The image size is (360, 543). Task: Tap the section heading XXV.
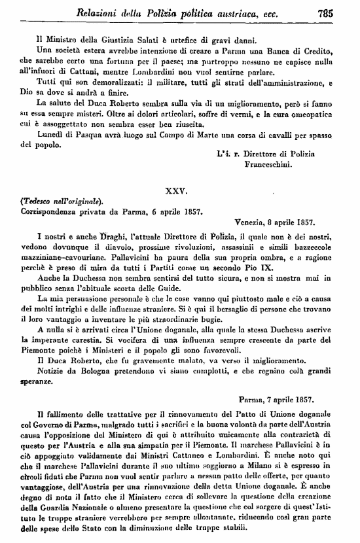179,190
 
